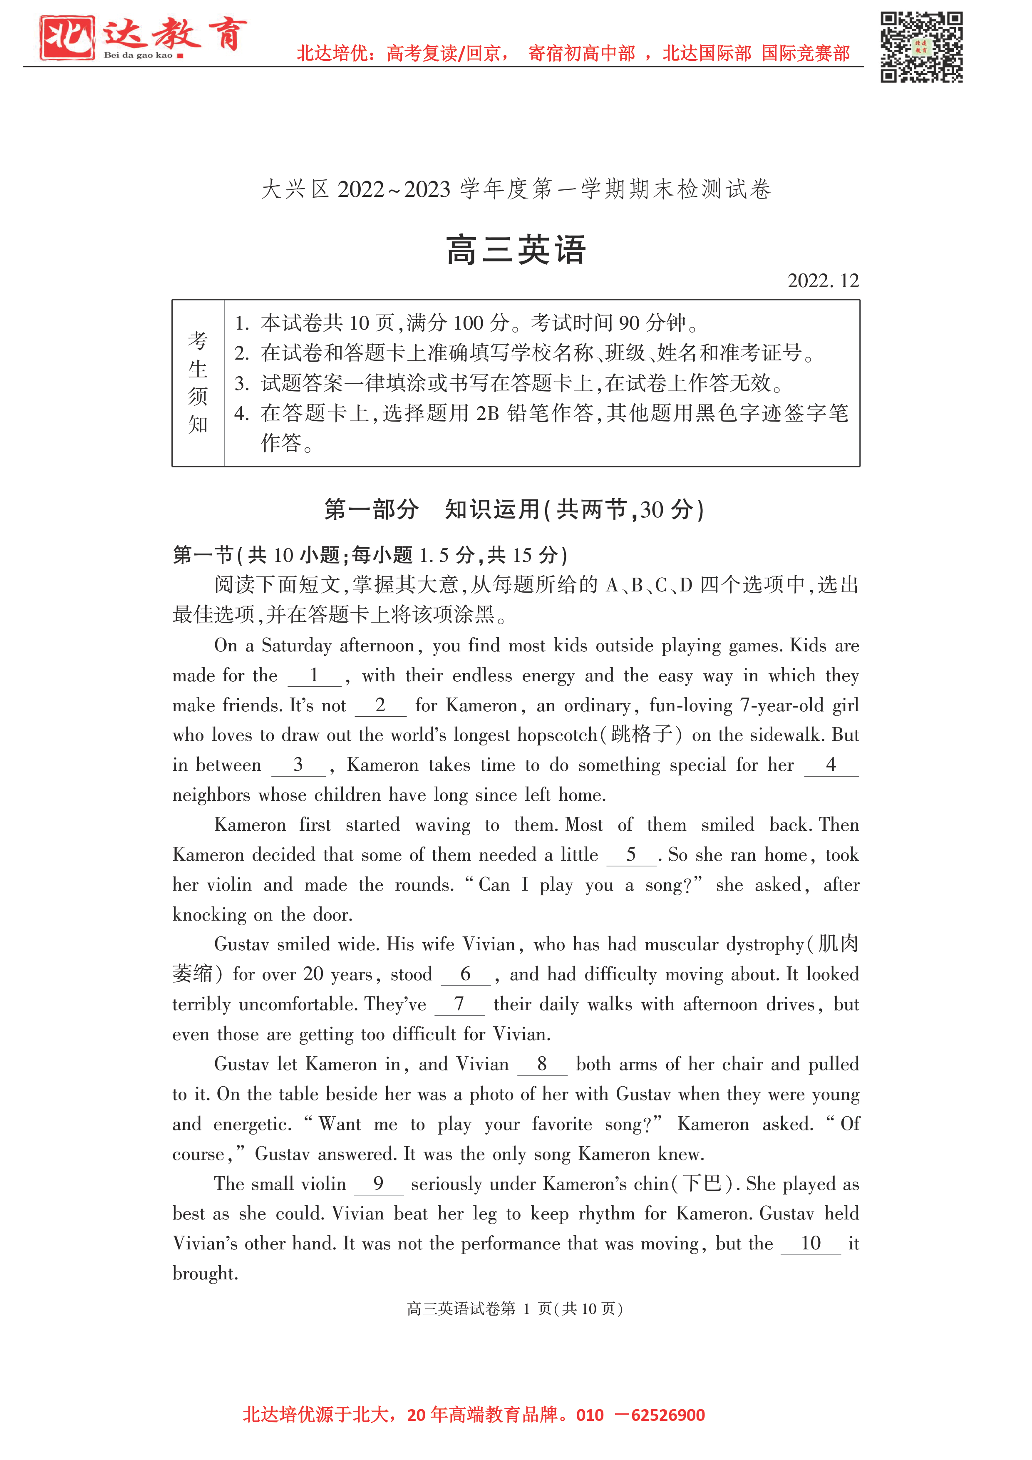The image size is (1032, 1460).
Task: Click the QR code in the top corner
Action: [x=921, y=47]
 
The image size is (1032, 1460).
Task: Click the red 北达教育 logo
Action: [x=142, y=37]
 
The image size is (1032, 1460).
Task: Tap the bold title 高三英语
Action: [x=515, y=250]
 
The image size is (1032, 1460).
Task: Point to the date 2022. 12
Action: [x=823, y=281]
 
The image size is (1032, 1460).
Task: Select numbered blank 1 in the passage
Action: [x=314, y=676]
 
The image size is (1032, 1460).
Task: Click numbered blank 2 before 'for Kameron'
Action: [x=380, y=706]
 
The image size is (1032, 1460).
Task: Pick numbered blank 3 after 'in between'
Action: [x=298, y=766]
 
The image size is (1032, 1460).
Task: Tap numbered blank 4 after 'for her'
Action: [x=831, y=766]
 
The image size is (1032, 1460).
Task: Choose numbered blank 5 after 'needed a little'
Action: [x=631, y=855]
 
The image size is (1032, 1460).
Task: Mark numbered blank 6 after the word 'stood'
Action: [x=466, y=975]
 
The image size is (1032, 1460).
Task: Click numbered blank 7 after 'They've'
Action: [x=459, y=1005]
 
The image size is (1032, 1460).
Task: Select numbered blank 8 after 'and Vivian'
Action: [x=542, y=1065]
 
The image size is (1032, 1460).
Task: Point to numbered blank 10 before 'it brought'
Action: [x=810, y=1244]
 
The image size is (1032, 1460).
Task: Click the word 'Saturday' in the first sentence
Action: [x=296, y=646]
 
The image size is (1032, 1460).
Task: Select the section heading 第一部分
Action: [x=371, y=509]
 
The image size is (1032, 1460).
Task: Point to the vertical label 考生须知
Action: [x=198, y=383]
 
